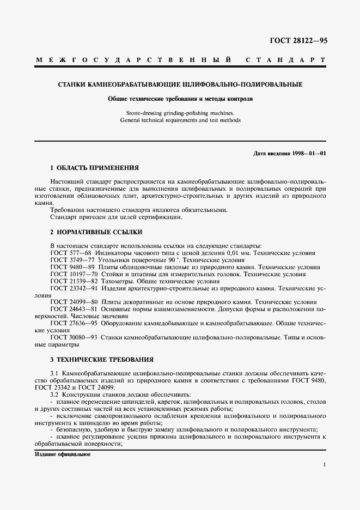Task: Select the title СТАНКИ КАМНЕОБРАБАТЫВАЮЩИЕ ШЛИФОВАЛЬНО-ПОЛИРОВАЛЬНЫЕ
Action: pyautogui.click(x=180, y=84)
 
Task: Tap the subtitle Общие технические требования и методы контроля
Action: pyautogui.click(x=180, y=100)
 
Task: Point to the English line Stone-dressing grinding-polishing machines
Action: pyautogui.click(x=180, y=113)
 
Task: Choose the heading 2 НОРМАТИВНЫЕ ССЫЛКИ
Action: pyautogui.click(x=90, y=232)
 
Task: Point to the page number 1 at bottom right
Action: pyautogui.click(x=324, y=465)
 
